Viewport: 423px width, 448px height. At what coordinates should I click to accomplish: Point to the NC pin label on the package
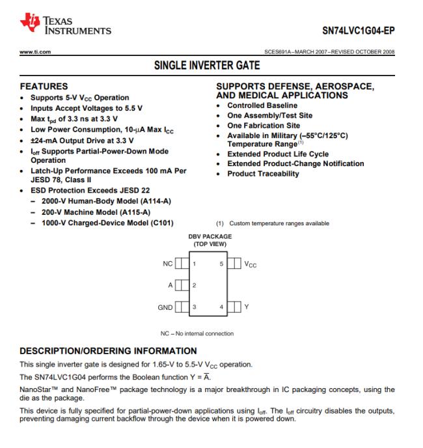167,264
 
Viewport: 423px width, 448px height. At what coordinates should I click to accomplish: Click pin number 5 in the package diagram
221,264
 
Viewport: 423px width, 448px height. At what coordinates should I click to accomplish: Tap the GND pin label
165,307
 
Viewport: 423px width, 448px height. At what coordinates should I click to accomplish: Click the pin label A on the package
170,286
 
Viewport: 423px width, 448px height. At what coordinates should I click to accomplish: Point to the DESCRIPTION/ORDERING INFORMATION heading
108,351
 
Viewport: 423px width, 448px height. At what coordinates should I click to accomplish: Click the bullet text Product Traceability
263,174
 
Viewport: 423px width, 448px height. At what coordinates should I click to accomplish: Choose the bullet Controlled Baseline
262,105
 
